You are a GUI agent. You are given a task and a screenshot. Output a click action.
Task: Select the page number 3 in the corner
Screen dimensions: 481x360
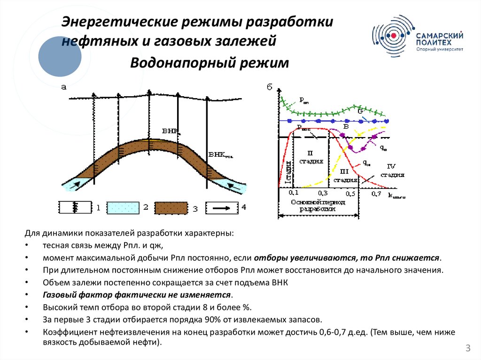coord(468,348)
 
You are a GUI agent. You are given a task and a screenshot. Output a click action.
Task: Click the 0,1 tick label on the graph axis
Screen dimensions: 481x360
coord(294,193)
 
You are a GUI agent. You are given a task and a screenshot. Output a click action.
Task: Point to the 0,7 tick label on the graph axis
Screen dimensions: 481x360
coord(376,193)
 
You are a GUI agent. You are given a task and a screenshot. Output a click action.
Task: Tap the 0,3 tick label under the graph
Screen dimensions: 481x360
coord(322,193)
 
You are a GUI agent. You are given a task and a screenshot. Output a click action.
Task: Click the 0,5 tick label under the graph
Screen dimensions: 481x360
coord(349,193)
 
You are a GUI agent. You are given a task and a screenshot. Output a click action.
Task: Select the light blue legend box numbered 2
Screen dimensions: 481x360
coord(123,207)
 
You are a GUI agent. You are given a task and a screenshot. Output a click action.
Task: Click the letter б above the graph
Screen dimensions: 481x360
coord(269,87)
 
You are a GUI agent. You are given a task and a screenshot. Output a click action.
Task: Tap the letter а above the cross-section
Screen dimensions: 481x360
coord(63,86)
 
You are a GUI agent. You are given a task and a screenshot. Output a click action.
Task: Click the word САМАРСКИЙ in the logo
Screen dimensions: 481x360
coord(440,36)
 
